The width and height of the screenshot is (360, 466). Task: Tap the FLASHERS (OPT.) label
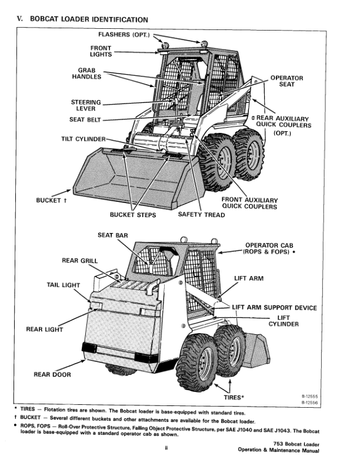click(x=128, y=35)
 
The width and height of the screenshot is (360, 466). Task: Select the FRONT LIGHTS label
click(x=101, y=51)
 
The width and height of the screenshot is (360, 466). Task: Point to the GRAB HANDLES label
click(x=86, y=74)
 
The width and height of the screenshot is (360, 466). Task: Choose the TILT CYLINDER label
click(x=84, y=139)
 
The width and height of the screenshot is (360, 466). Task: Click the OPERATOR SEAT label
click(x=286, y=81)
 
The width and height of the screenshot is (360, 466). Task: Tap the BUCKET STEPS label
click(x=133, y=215)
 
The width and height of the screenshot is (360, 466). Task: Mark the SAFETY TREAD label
click(x=201, y=215)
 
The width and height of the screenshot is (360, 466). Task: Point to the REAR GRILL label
click(x=79, y=261)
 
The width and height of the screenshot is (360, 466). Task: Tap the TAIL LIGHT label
click(x=63, y=285)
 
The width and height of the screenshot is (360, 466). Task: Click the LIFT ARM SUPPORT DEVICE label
click(x=274, y=308)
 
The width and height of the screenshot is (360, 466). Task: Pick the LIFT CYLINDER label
click(x=284, y=321)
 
